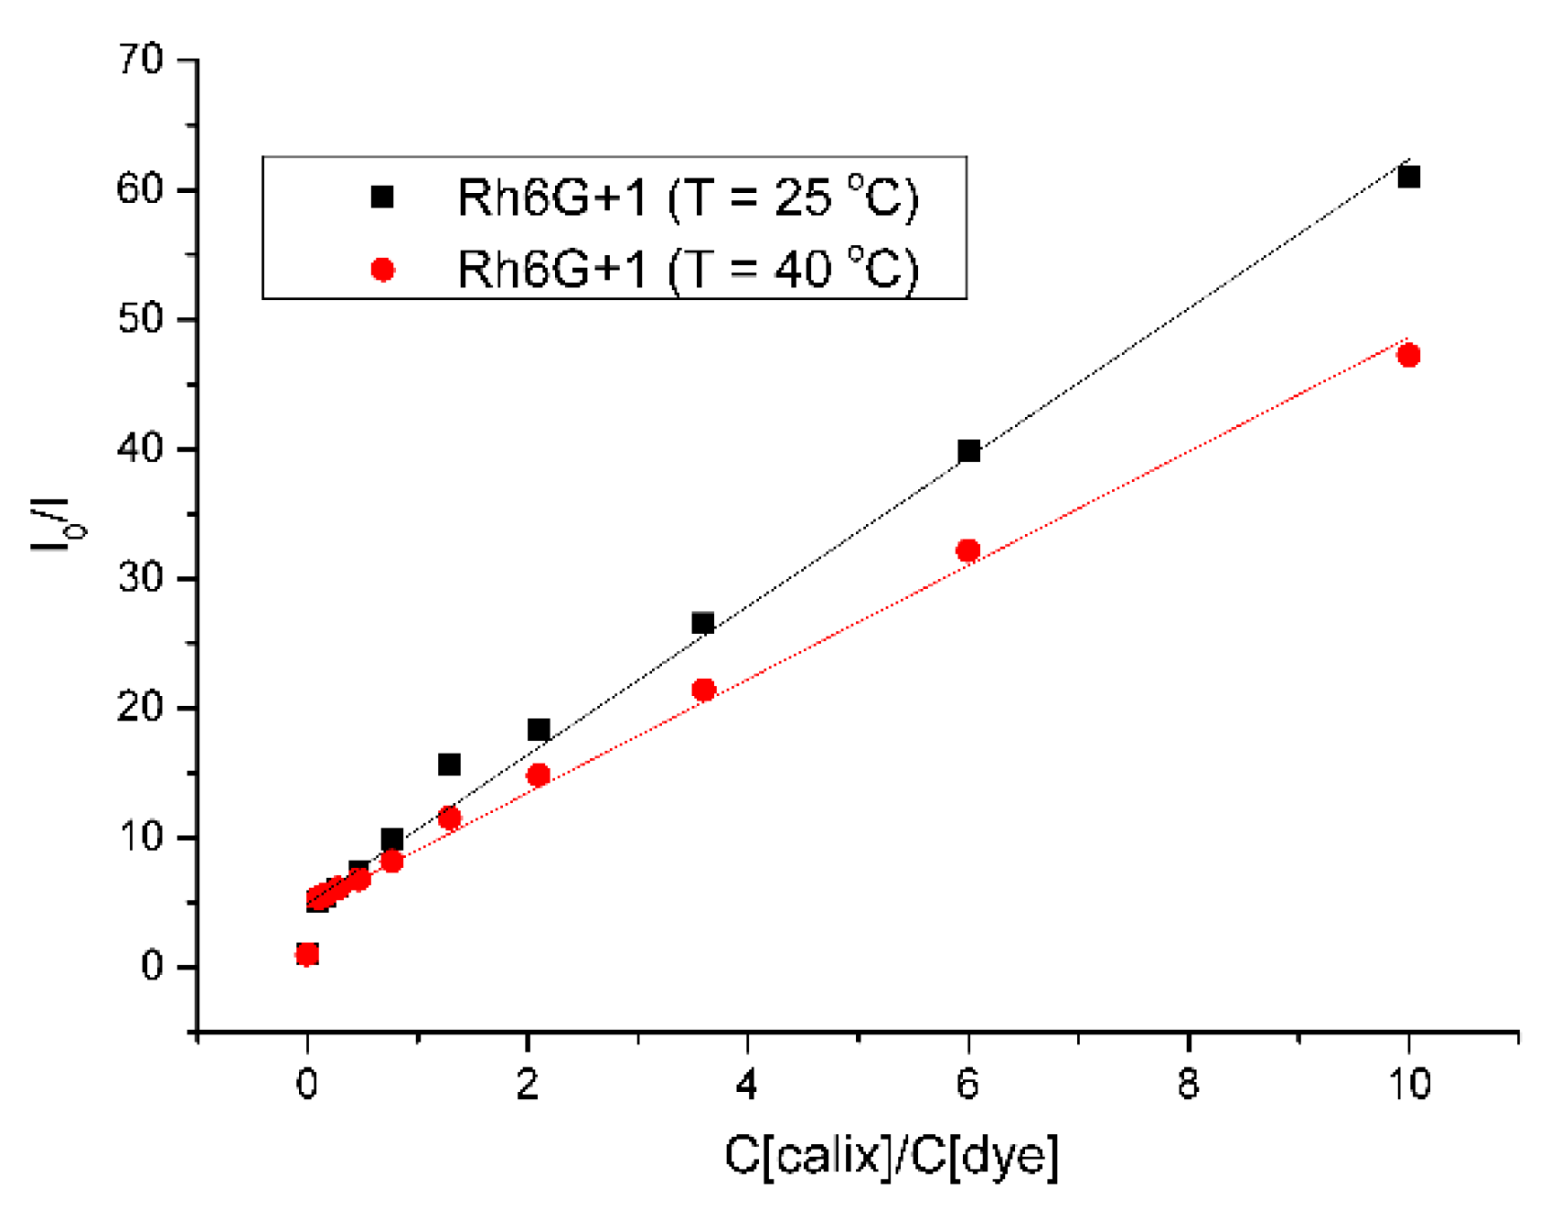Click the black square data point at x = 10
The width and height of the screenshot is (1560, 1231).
[1408, 177]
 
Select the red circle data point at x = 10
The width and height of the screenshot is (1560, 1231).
[1408, 355]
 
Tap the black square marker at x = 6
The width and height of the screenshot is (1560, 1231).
[968, 450]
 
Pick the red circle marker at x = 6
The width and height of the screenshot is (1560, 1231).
[967, 551]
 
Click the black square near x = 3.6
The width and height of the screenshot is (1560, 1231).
[702, 623]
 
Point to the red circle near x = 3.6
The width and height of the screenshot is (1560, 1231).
[703, 690]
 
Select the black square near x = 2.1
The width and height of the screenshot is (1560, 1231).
[539, 729]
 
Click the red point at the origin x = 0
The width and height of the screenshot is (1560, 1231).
[307, 954]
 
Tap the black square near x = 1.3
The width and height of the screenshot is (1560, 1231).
[449, 764]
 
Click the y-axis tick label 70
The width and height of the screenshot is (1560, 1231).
[141, 60]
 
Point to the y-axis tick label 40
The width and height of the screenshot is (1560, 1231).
[141, 449]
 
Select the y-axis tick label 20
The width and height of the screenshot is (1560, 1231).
[141, 708]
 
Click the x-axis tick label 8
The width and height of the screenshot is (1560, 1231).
[1187, 1084]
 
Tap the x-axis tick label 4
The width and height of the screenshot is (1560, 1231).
[747, 1084]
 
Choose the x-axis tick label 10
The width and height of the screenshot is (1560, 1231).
[1408, 1084]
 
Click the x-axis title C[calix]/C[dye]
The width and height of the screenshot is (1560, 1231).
[892, 1155]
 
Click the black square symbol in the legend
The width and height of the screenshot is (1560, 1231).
[382, 197]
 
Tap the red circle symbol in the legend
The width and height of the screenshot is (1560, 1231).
[382, 270]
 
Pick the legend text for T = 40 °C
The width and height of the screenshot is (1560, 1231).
[688, 270]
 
